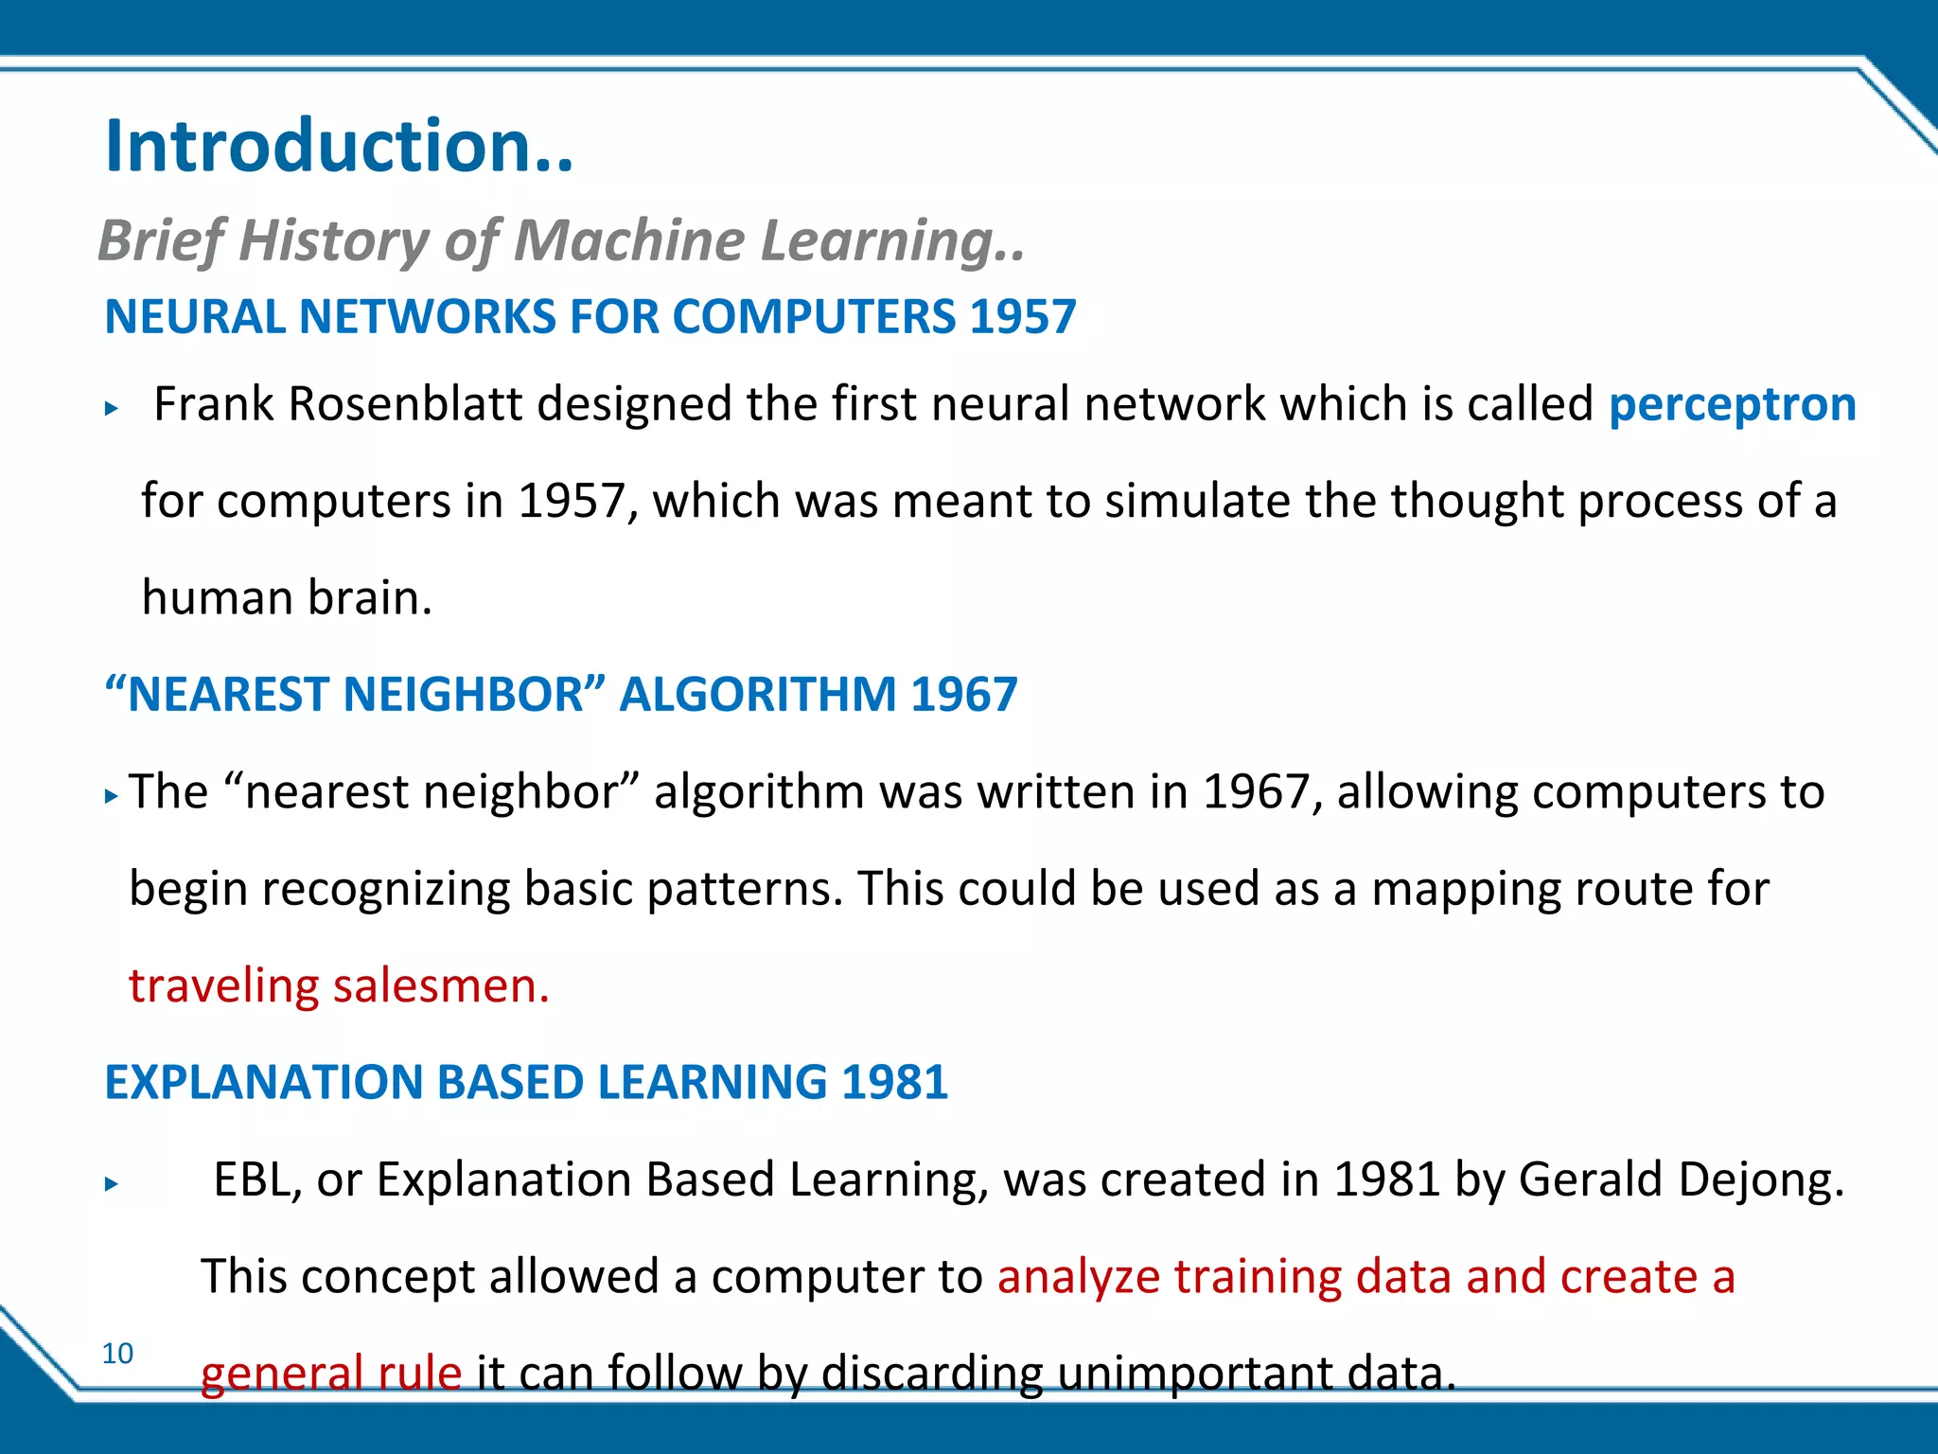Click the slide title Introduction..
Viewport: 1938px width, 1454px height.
coord(339,147)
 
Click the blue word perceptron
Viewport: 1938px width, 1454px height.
coord(1732,404)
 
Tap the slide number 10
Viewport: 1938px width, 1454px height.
coord(118,1353)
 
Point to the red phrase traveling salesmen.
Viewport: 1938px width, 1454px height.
coord(338,985)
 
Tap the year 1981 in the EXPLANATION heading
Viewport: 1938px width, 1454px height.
coord(894,1082)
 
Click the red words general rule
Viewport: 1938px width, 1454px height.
coord(330,1373)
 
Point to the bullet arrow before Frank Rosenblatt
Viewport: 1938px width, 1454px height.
coord(112,409)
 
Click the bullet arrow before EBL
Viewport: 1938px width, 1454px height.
coord(112,1183)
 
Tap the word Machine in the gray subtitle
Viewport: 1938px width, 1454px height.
coord(629,240)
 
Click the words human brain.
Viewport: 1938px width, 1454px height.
coord(286,597)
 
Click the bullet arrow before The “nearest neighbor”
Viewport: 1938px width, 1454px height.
coord(112,796)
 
